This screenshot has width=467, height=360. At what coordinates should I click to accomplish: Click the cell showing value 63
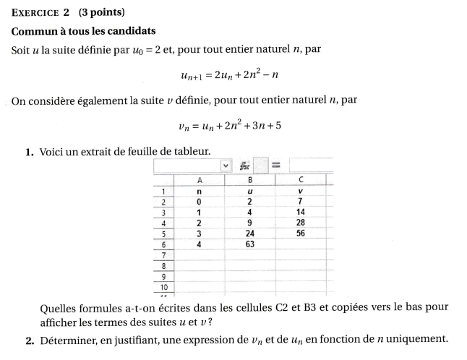[x=249, y=244]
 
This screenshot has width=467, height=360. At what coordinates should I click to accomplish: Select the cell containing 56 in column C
[x=301, y=233]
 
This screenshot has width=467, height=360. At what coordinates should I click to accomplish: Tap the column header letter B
[x=249, y=179]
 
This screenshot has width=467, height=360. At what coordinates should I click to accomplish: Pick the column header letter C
[x=301, y=179]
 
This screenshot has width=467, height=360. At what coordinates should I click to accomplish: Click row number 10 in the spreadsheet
[x=164, y=286]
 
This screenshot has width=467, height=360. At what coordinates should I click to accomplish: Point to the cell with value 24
[x=249, y=233]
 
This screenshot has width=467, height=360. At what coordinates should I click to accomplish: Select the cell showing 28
[x=301, y=223]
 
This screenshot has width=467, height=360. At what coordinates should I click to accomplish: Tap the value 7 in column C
[x=301, y=201]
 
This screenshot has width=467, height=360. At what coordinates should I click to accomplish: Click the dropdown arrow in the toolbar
[x=226, y=165]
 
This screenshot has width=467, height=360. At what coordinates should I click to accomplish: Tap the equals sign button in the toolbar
[x=275, y=165]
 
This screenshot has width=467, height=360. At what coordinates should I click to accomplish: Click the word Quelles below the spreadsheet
[x=59, y=307]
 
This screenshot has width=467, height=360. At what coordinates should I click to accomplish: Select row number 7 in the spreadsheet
[x=164, y=255]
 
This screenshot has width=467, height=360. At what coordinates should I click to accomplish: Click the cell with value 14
[x=301, y=212]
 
